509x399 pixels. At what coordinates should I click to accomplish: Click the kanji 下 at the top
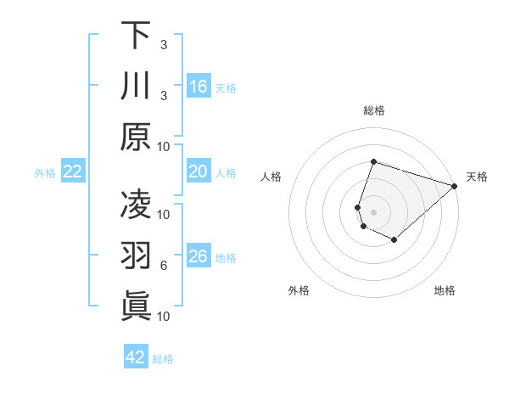[x=136, y=36]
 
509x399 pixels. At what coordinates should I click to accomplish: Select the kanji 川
[x=136, y=87]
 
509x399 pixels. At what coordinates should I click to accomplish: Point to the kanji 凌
[x=136, y=204]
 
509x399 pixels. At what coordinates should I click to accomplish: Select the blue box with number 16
[x=199, y=86]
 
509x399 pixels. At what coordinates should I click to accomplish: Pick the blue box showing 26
[x=199, y=257]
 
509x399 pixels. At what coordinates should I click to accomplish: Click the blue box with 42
[x=136, y=357]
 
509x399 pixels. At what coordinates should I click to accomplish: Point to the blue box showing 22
[x=73, y=172]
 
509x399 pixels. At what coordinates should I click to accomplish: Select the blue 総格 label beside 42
[x=164, y=358]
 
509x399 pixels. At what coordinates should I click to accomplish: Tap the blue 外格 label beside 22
[x=45, y=173]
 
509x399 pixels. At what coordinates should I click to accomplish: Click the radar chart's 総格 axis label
[x=374, y=111]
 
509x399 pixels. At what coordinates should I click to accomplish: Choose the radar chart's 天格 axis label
[x=477, y=177]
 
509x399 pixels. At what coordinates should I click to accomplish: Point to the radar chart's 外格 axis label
[x=299, y=290]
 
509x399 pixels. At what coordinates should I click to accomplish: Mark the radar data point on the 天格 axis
[x=455, y=185]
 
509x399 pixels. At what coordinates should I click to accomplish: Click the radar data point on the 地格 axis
[x=394, y=240]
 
